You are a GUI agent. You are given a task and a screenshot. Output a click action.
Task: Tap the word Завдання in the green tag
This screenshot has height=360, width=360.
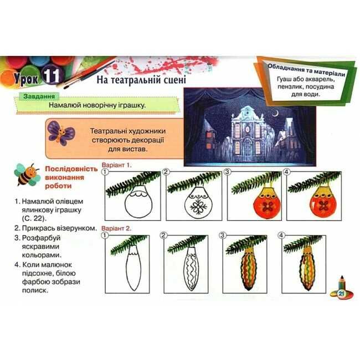(39, 96)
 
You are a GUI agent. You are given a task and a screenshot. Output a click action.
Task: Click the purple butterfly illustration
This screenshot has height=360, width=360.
(61, 133)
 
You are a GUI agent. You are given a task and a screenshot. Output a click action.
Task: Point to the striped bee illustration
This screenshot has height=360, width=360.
(27, 174)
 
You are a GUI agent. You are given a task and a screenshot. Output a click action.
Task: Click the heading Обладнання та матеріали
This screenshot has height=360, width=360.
(306, 70)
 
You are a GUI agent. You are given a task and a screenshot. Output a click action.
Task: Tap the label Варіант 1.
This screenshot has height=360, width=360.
(117, 165)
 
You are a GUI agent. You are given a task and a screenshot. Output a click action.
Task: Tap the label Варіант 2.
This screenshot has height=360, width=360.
(116, 228)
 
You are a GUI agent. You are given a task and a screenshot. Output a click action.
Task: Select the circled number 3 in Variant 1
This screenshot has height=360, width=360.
(227, 172)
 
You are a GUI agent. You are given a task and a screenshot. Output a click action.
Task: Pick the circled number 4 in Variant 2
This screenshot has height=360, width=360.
(281, 235)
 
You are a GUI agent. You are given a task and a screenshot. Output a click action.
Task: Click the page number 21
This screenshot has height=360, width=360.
(341, 293)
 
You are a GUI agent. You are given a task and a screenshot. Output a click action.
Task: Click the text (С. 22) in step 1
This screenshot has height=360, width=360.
(34, 218)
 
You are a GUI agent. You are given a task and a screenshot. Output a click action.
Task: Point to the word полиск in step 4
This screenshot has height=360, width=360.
(35, 290)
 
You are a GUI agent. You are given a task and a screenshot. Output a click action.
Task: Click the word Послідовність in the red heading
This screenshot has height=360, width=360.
(71, 169)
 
